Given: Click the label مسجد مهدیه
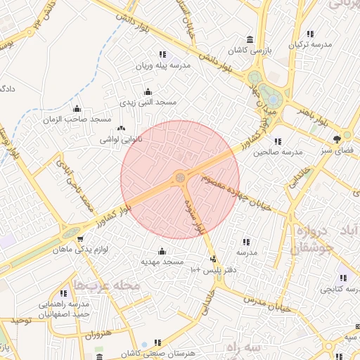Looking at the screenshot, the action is pyautogui.click(x=162, y=262).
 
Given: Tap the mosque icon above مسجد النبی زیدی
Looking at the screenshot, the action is pyautogui.click(x=148, y=91).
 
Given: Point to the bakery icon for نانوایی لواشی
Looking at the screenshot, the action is pyautogui.click(x=122, y=128).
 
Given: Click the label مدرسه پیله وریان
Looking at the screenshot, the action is pyautogui.click(x=162, y=65).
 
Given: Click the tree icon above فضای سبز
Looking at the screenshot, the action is pyautogui.click(x=337, y=138).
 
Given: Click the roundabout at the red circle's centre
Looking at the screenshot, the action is pyautogui.click(x=181, y=177).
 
